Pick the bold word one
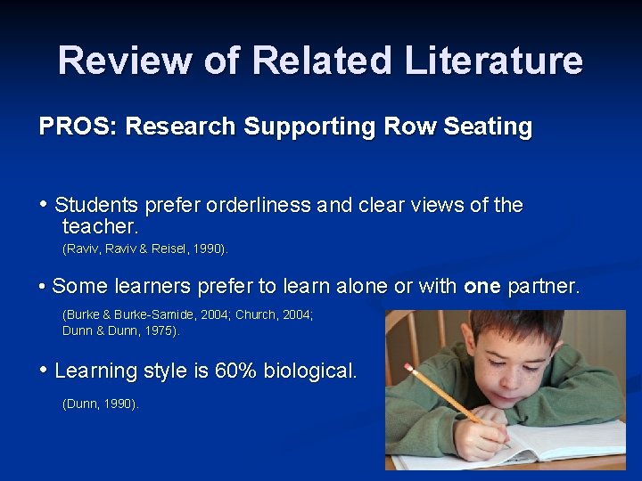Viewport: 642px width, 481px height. (x=482, y=287)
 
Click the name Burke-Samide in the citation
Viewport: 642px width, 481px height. (x=170, y=314)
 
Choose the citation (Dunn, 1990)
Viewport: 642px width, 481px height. (x=101, y=404)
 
